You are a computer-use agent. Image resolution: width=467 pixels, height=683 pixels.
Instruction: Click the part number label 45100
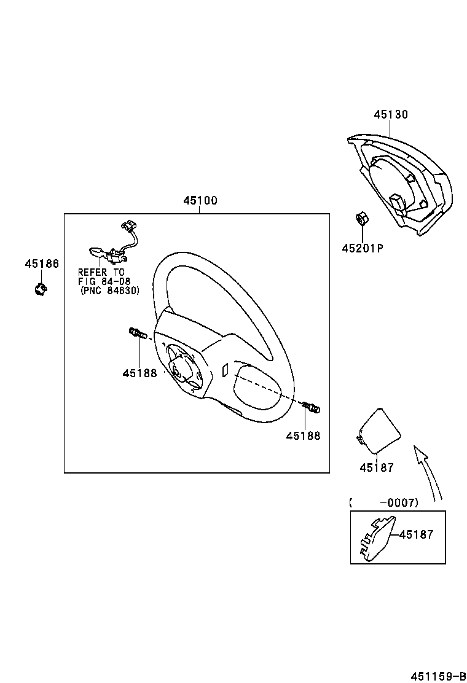click(x=200, y=201)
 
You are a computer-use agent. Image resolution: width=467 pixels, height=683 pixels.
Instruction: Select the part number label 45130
click(x=391, y=115)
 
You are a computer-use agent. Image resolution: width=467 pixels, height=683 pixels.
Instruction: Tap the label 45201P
click(x=363, y=248)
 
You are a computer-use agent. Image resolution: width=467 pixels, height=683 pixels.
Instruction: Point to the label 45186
click(x=42, y=264)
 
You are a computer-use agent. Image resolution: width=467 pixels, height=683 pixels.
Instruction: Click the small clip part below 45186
click(x=41, y=287)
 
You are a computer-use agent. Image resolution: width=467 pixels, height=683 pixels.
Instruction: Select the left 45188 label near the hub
click(x=139, y=373)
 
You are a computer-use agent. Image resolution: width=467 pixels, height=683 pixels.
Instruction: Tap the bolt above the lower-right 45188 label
click(x=312, y=407)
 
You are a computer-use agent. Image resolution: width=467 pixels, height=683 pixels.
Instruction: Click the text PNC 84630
click(x=110, y=291)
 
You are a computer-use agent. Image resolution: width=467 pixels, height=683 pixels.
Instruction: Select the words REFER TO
click(x=101, y=271)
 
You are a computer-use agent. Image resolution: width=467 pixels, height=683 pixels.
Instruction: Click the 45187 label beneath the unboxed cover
click(x=377, y=467)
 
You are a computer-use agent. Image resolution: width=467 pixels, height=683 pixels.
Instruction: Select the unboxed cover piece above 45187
click(x=379, y=431)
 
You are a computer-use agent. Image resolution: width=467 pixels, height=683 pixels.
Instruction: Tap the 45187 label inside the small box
click(x=416, y=535)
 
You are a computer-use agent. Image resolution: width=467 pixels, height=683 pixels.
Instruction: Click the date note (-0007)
click(x=384, y=503)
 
